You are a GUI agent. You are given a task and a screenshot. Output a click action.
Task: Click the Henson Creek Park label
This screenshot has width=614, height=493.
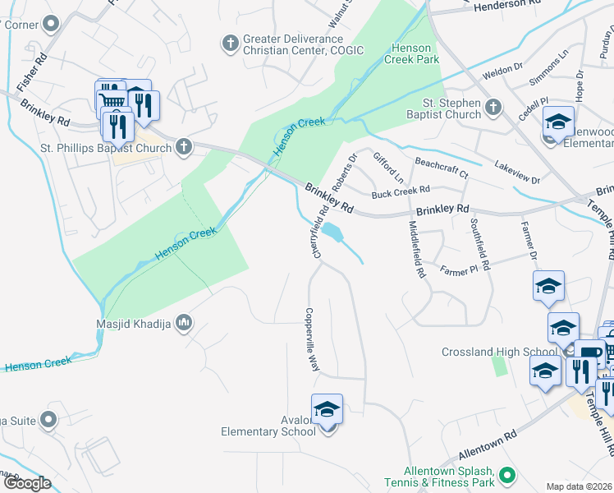415,53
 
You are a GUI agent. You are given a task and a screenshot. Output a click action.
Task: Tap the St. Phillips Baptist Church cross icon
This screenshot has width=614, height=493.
183,148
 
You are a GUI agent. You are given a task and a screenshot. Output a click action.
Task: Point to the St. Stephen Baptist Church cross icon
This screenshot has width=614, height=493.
493,107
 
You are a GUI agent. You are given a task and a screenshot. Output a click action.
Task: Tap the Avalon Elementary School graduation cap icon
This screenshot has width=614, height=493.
327,409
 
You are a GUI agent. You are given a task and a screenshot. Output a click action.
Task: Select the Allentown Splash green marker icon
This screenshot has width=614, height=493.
507,474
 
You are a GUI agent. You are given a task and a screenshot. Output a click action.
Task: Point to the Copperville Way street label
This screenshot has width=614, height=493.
312,339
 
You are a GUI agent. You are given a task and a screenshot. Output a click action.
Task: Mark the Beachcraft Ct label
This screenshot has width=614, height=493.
441,168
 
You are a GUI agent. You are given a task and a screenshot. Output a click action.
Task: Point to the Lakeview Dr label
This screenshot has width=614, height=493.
517,173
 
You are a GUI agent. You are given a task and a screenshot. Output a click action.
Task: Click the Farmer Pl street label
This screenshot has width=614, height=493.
458,269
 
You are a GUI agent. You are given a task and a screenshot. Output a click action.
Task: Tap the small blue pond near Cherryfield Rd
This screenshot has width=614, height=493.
332,233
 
